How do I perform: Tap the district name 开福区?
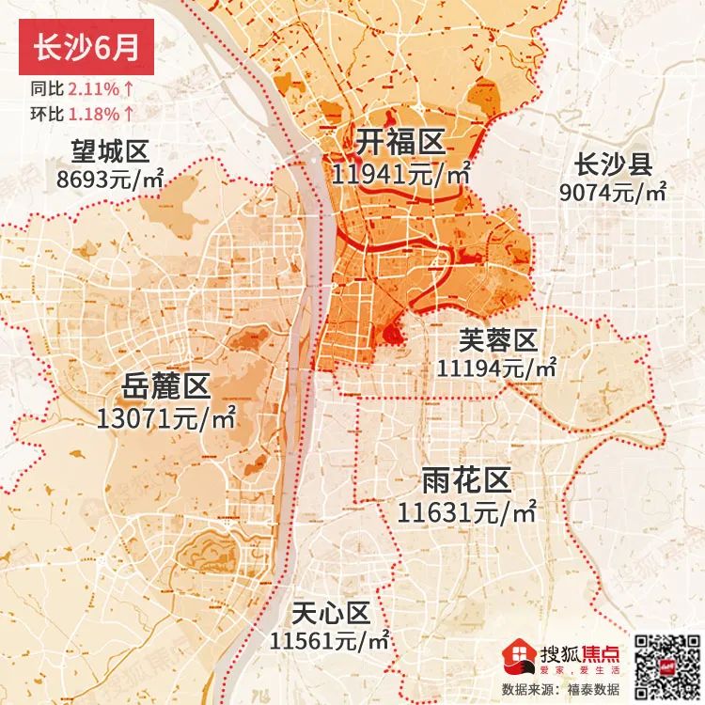[x=399, y=144]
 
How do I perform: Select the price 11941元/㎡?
[x=401, y=173]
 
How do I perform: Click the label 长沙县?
[x=613, y=166]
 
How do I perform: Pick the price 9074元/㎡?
[x=613, y=194]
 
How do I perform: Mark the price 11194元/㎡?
[x=496, y=368]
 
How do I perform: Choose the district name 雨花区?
[x=466, y=482]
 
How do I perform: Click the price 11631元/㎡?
[x=466, y=513]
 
